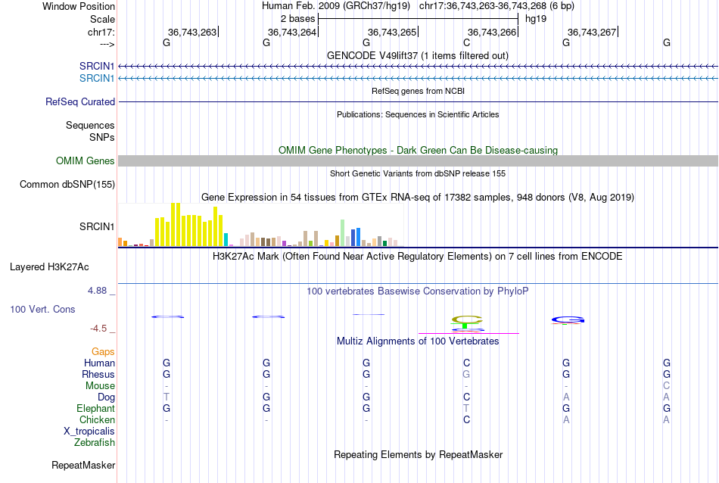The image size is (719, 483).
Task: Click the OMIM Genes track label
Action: pos(85,160)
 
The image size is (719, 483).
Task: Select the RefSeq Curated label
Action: pos(80,101)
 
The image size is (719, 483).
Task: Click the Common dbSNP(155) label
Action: pos(67,184)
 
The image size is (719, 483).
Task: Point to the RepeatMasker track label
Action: pos(82,465)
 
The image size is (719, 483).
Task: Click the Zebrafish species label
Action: pos(95,442)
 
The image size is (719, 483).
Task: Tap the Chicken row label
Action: pos(97,419)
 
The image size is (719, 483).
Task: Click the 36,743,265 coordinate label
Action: pos(392,32)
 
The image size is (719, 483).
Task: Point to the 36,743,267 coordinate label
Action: pos(592,32)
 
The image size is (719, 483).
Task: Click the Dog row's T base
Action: pos(167,397)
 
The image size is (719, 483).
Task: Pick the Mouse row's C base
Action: pos(667,385)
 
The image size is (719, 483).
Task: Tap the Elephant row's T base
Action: pos(466,408)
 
